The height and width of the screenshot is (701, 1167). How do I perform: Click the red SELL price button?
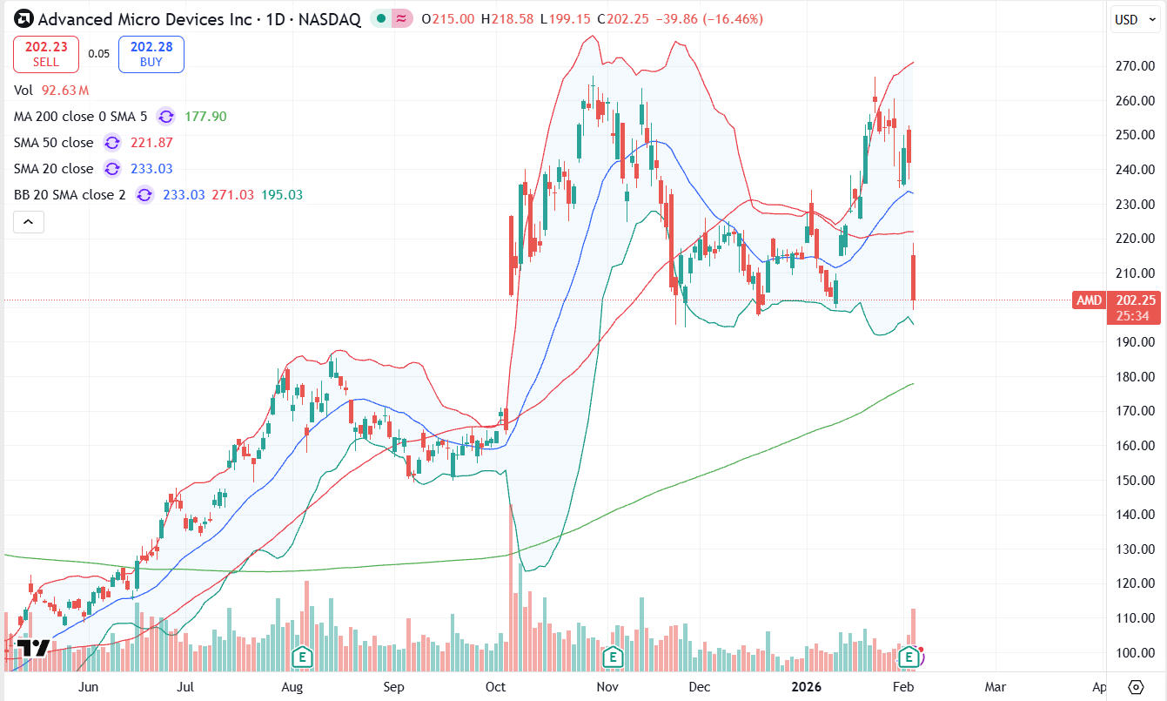pyautogui.click(x=46, y=54)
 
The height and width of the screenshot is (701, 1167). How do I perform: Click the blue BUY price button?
pyautogui.click(x=151, y=54)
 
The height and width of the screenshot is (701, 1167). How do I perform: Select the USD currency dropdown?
pyautogui.click(x=1134, y=19)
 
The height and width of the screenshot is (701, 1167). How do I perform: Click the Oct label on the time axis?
pyautogui.click(x=495, y=687)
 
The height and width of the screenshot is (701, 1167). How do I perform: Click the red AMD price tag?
pyautogui.click(x=1089, y=300)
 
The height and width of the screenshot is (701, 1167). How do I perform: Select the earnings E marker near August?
pyautogui.click(x=302, y=656)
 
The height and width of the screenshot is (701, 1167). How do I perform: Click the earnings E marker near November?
pyautogui.click(x=614, y=656)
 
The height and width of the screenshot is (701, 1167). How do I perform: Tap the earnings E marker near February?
pyautogui.click(x=910, y=656)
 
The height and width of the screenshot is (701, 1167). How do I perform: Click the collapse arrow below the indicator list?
pyautogui.click(x=28, y=223)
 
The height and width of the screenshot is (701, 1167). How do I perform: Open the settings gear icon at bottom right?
pyautogui.click(x=1135, y=686)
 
